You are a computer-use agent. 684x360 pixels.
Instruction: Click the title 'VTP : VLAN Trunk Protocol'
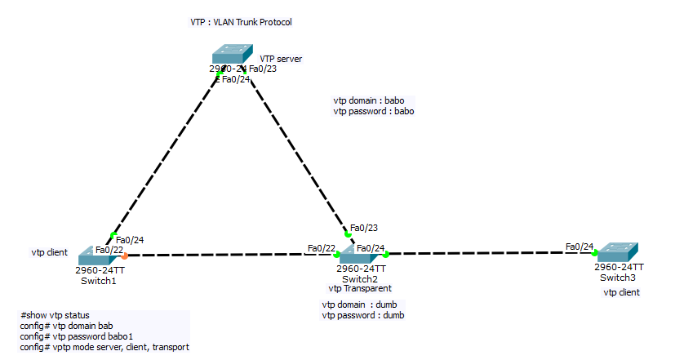coord(235,22)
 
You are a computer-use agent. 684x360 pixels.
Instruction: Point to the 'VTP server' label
coord(282,60)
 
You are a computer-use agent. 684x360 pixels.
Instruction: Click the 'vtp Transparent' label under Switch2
coord(360,288)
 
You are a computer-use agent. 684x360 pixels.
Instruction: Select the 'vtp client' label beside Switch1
coord(49,253)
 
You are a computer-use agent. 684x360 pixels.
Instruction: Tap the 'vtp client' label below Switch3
coord(621,292)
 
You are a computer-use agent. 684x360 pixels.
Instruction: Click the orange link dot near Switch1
coord(124,256)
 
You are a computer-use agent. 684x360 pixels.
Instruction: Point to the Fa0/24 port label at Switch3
coord(580,247)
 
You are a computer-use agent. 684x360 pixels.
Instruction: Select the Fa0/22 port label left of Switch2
coord(322,248)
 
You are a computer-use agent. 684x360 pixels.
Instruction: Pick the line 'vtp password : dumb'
coord(363,315)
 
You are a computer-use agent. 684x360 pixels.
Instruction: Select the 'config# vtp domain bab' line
coord(67,326)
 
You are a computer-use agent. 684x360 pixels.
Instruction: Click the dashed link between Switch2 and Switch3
coord(490,253)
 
